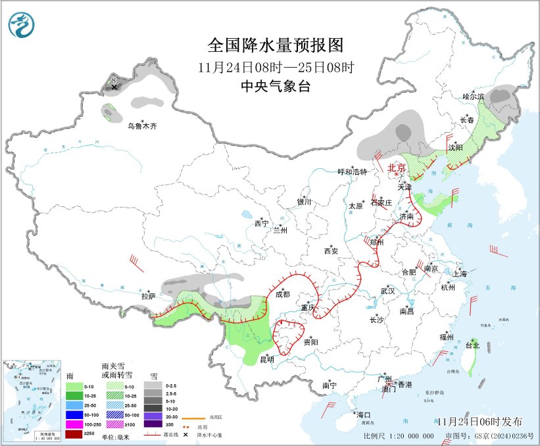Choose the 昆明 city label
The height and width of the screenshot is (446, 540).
(267, 359)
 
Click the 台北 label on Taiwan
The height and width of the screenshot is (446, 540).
(472, 345)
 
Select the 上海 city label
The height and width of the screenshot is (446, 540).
(460, 273)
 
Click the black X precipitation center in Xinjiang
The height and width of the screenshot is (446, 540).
(114, 87)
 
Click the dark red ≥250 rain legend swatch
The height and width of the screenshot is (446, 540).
(74, 434)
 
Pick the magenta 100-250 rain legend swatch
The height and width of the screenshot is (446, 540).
(74, 424)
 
